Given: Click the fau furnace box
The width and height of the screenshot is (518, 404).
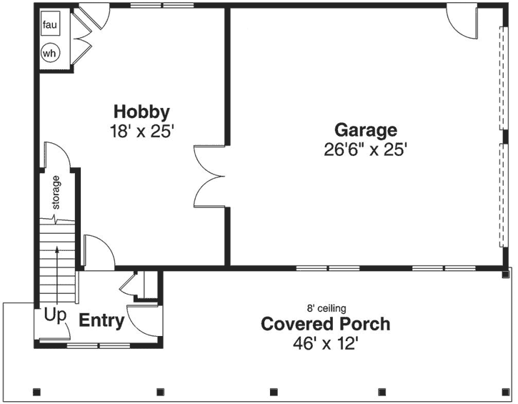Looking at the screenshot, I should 49,26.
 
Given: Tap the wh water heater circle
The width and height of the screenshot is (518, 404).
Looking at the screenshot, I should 50,53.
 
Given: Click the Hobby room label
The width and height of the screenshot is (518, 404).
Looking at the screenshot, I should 141,112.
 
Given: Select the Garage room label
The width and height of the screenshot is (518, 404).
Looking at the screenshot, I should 366,130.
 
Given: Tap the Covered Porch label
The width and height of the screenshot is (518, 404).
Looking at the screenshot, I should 325,324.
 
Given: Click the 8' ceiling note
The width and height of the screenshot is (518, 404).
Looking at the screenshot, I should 326,308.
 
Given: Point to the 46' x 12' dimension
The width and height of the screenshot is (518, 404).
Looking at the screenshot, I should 325,343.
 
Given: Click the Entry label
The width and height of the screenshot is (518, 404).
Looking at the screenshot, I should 101,321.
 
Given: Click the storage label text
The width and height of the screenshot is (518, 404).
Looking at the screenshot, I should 56,192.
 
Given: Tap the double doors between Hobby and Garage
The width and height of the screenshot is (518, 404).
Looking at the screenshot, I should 210,174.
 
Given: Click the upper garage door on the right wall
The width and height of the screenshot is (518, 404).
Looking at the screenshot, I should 501,79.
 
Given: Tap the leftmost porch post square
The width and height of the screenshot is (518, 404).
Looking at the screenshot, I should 37,391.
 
